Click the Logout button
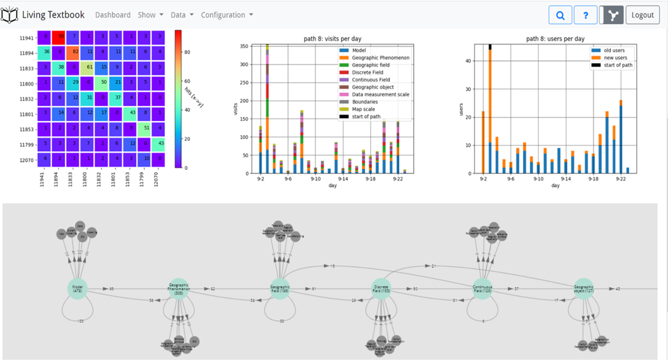643,15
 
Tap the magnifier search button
560,15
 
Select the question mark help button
586,15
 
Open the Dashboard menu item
113,15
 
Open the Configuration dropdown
227,15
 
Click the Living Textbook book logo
10,15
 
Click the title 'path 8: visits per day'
333,39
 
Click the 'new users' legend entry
616,58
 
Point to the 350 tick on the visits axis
244,46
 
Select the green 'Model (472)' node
76,288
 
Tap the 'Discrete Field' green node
381,289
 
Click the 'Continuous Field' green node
483,289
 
